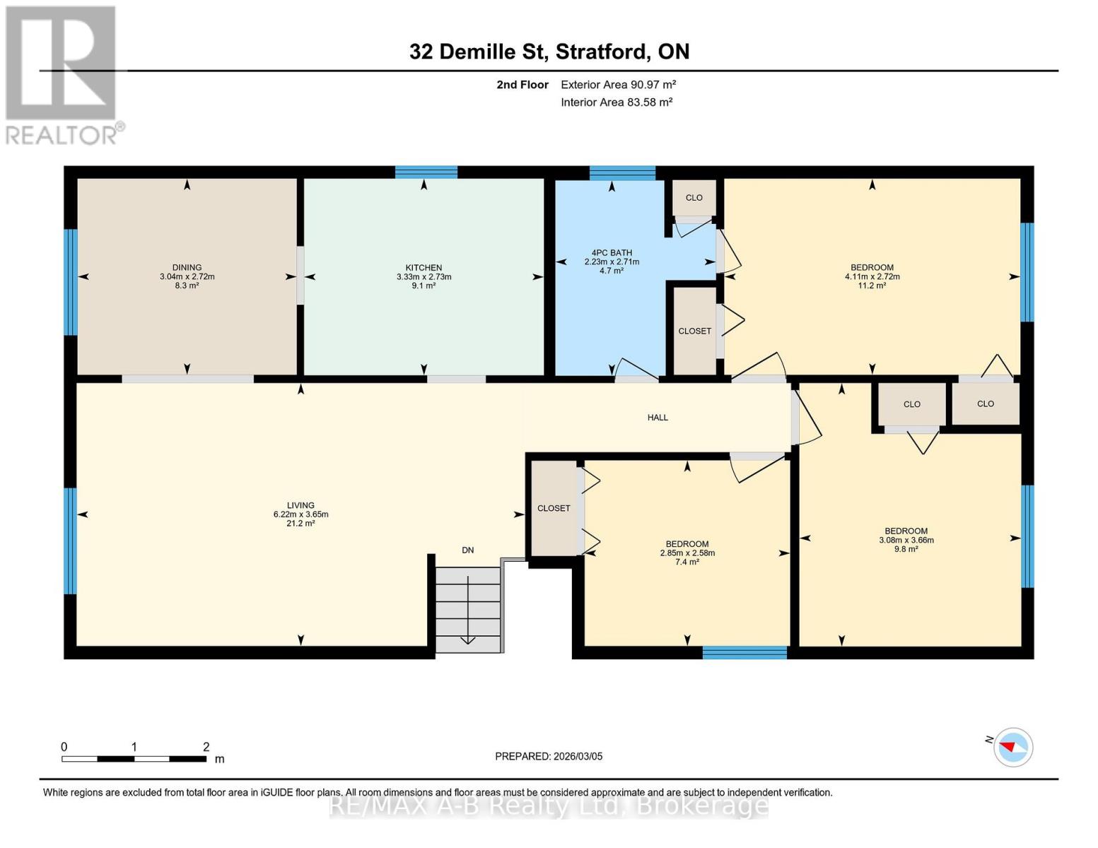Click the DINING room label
pyautogui.click(x=187, y=268)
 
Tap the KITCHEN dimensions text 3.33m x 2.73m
pyautogui.click(x=424, y=277)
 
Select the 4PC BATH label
pyautogui.click(x=612, y=253)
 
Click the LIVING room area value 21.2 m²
pyautogui.click(x=300, y=524)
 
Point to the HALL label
pyautogui.click(x=658, y=418)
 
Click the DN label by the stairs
pyautogui.click(x=467, y=550)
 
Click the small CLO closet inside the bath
pyautogui.click(x=694, y=198)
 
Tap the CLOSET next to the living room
pyautogui.click(x=554, y=508)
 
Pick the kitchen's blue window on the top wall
pyautogui.click(x=426, y=172)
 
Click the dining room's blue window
pyautogui.click(x=70, y=282)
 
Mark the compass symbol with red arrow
pyautogui.click(x=1012, y=747)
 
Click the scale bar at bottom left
pyautogui.click(x=134, y=759)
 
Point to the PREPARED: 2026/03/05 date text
pyautogui.click(x=549, y=756)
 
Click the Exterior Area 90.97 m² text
pyautogui.click(x=618, y=85)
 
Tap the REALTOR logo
pyautogui.click(x=63, y=74)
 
